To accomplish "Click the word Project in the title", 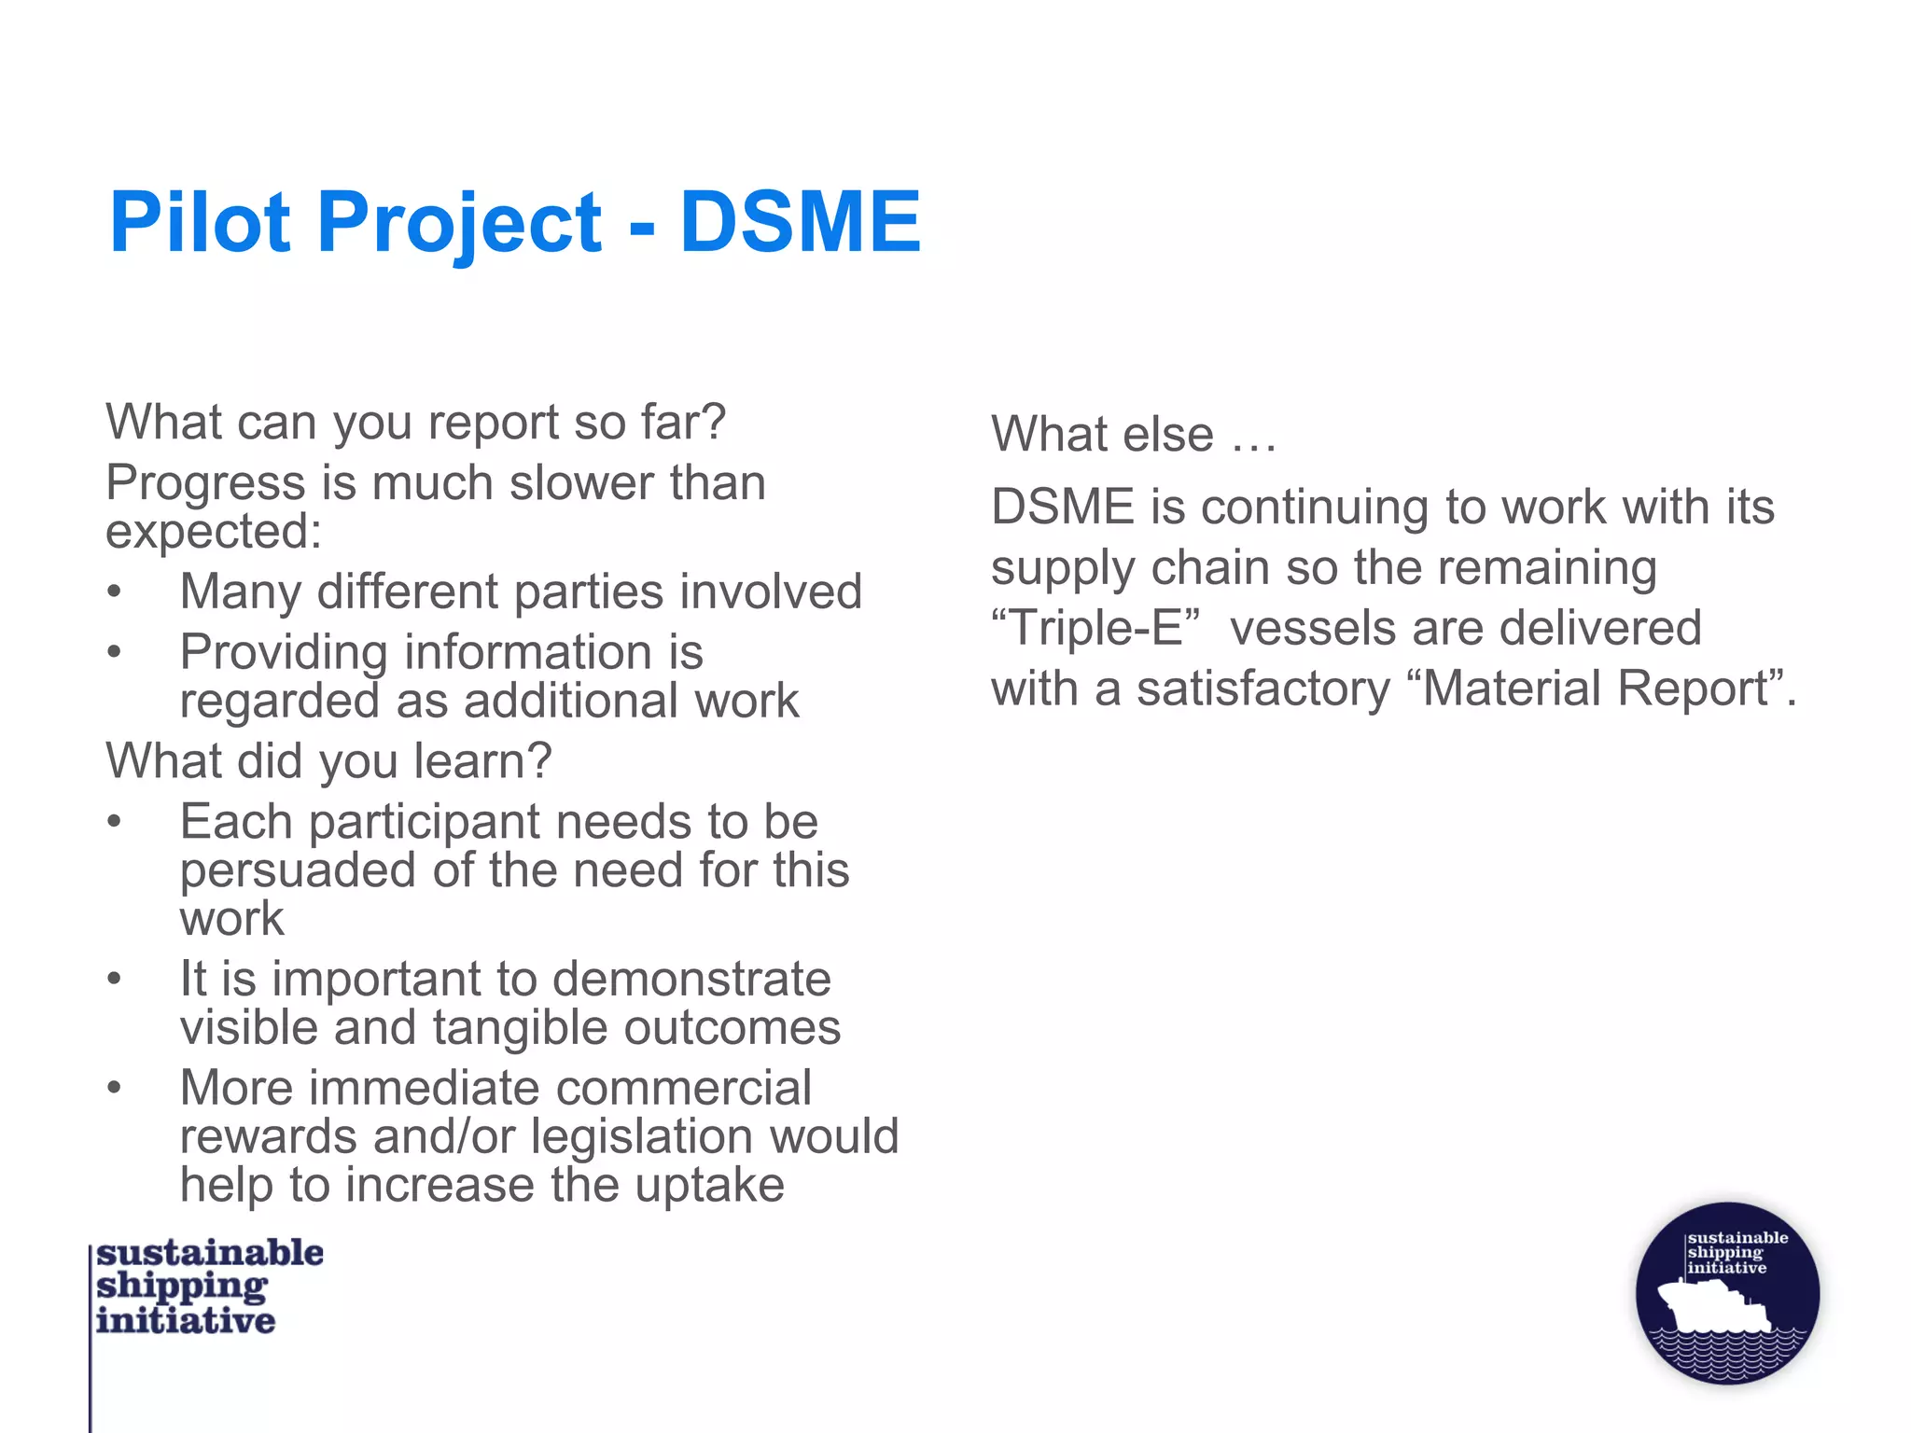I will click(459, 224).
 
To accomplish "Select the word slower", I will click(574, 483).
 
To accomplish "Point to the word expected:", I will click(214, 533).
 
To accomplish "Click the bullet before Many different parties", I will click(114, 591).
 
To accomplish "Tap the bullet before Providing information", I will click(114, 652).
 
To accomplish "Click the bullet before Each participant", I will click(114, 822).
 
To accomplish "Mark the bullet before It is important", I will click(114, 979).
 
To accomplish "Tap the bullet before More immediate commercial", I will click(114, 1088).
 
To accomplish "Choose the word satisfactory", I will click(1262, 689).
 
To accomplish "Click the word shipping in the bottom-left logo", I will click(182, 1287).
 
